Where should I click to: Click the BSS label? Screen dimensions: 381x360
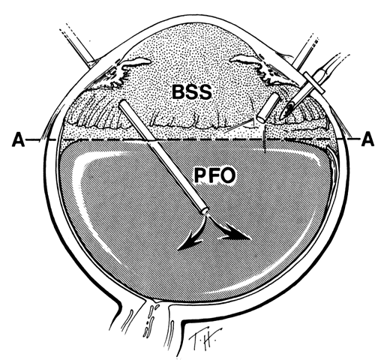pos(192,92)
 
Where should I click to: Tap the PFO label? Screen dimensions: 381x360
pos(214,175)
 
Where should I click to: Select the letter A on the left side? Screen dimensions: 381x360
pos(18,140)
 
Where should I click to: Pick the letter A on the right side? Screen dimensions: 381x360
pos(367,139)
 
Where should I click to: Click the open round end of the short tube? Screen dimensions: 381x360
pos(262,118)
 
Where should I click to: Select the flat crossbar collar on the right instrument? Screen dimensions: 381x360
pos(314,83)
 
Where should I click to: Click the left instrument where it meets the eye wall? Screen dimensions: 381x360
pos(91,61)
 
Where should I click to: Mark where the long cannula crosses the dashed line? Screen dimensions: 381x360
pos(151,140)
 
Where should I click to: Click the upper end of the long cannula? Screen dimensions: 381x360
pos(122,103)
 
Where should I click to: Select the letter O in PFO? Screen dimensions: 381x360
pos(228,175)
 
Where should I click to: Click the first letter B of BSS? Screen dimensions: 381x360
pos(178,92)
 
